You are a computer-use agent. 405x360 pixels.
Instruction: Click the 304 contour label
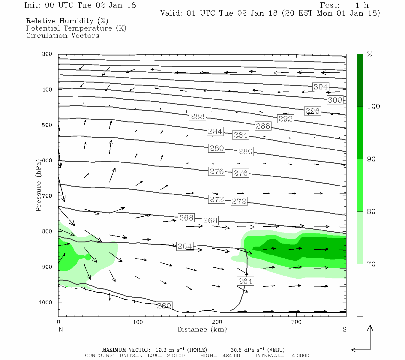coord(320,87)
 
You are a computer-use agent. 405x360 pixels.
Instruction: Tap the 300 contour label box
coord(335,100)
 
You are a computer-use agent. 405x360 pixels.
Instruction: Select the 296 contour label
coord(313,111)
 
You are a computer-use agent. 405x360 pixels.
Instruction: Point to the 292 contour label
coord(285,119)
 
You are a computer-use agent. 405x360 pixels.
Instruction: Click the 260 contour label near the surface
coord(164,306)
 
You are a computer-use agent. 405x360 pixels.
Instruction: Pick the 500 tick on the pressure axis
coord(47,125)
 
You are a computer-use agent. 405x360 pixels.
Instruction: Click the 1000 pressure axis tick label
coord(46,302)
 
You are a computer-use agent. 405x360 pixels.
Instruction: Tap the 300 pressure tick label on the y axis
coord(47,54)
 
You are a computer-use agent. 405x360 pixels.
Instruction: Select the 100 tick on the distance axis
coord(138,322)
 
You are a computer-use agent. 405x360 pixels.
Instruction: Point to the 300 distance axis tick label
coord(296,322)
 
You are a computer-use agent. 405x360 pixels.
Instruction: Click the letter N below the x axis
coord(61,329)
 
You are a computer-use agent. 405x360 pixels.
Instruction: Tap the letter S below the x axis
coord(344,329)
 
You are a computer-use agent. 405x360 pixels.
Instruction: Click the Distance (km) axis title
coord(202,329)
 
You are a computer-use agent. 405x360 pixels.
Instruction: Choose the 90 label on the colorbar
coord(371,159)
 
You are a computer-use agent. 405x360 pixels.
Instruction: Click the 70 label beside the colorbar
coord(371,264)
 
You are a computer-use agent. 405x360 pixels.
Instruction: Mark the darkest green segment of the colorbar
coord(360,80)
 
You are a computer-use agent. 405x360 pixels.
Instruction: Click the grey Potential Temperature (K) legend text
coord(76,28)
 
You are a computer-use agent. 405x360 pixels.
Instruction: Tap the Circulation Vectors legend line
coord(62,35)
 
